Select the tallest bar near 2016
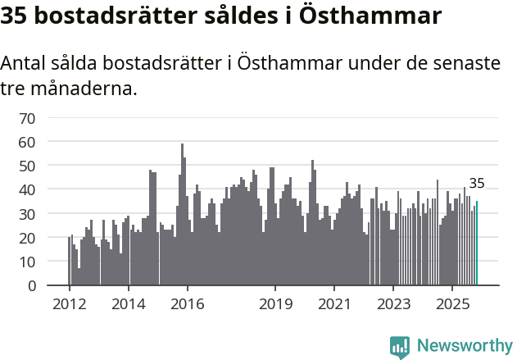tap(182, 215)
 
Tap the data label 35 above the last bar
tap(477, 184)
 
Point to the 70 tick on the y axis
tap(27, 118)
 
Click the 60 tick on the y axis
tap(27, 142)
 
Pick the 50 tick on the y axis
tap(27, 166)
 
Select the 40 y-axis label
tap(27, 190)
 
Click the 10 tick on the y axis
tap(27, 262)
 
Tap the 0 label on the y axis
tap(31, 286)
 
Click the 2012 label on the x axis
tap(69, 304)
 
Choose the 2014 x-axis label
tap(128, 304)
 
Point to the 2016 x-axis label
tap(187, 304)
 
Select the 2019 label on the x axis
tap(275, 304)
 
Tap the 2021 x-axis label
tap(334, 304)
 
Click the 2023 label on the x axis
tap(393, 304)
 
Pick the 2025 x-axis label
tap(452, 304)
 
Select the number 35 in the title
tap(15, 16)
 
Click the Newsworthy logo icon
tap(400, 347)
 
